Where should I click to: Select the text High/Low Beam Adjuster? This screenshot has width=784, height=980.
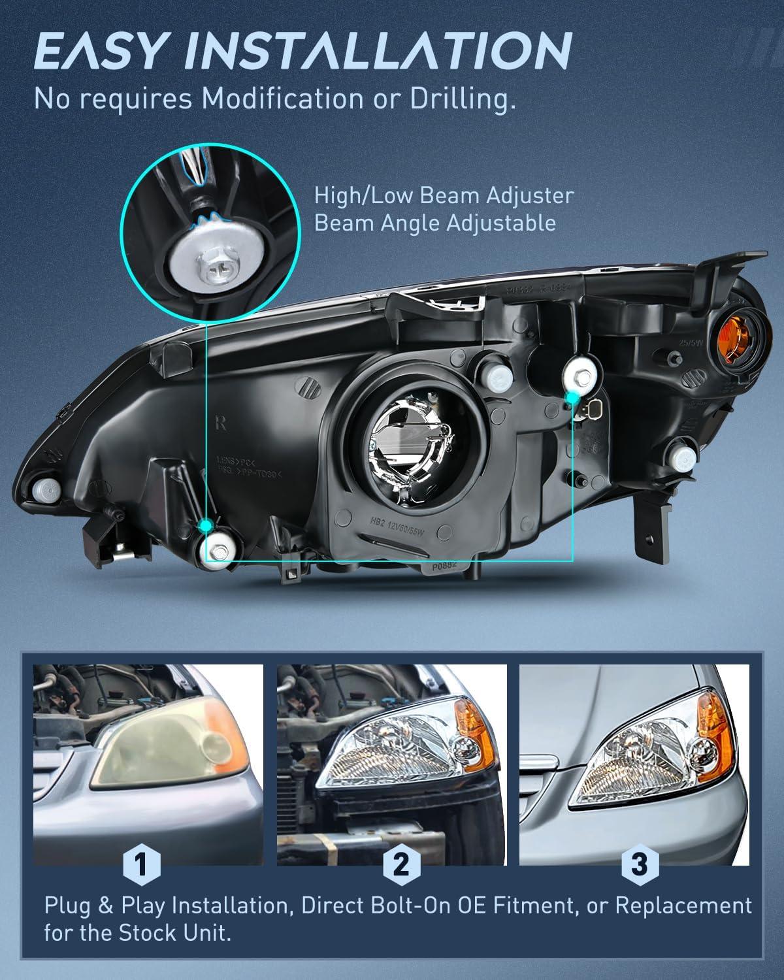click(x=444, y=195)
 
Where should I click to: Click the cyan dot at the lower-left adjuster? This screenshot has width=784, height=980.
click(x=206, y=525)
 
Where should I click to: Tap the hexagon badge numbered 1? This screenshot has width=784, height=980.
click(x=140, y=865)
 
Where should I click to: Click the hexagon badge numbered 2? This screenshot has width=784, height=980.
click(x=401, y=865)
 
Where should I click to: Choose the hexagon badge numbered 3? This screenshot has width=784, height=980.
click(x=639, y=865)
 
